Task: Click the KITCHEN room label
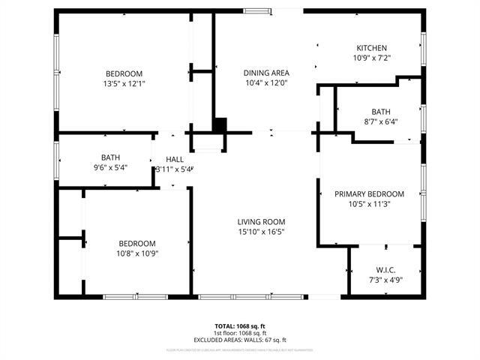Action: coord(372,46)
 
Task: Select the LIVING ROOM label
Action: coord(261,221)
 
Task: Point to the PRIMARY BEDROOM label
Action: coord(369,193)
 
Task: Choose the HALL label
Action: coord(175,159)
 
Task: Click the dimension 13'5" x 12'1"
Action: coord(124,83)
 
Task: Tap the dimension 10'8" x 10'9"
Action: coord(137,253)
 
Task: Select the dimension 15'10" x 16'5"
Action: coord(261,232)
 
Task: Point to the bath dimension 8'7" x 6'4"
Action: coord(381,121)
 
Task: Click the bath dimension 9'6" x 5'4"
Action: coord(109,167)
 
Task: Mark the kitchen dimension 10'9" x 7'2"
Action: coord(372,57)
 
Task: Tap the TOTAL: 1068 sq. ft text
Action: coord(240,326)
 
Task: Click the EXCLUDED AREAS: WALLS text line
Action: coord(240,340)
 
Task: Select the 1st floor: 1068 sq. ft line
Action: coord(240,333)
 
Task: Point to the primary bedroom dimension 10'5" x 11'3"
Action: coord(369,203)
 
